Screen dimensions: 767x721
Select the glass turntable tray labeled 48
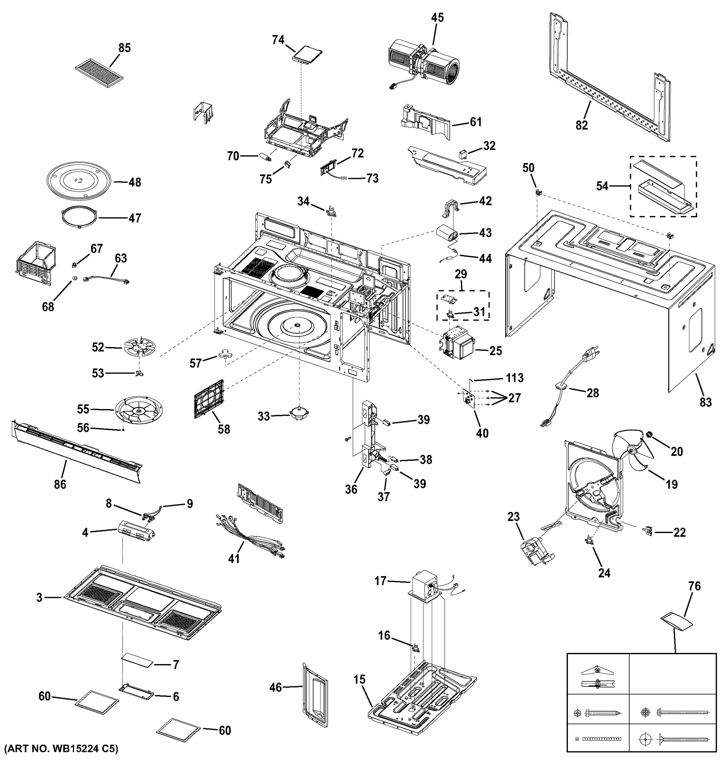79,181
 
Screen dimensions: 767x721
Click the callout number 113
515,378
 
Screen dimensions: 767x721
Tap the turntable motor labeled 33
300,414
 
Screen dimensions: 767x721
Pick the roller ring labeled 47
78,218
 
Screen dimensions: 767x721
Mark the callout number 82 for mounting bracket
582,125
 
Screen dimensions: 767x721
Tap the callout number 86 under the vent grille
60,484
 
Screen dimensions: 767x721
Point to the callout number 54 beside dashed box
602,186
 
